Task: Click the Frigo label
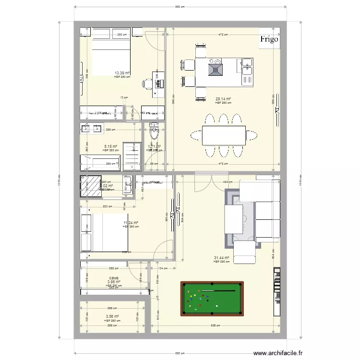coord(269,40)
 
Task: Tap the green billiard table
coord(212,299)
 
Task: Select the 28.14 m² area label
coord(223,99)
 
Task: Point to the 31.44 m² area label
coord(221,258)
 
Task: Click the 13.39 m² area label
coord(122,73)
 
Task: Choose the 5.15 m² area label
coord(111,146)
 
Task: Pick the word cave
coord(114,278)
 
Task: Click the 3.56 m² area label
coord(112,316)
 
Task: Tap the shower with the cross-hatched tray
coord(91,186)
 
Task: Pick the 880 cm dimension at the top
coord(180,7)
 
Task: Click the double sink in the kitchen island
coord(247,66)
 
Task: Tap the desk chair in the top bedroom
coord(146,84)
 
